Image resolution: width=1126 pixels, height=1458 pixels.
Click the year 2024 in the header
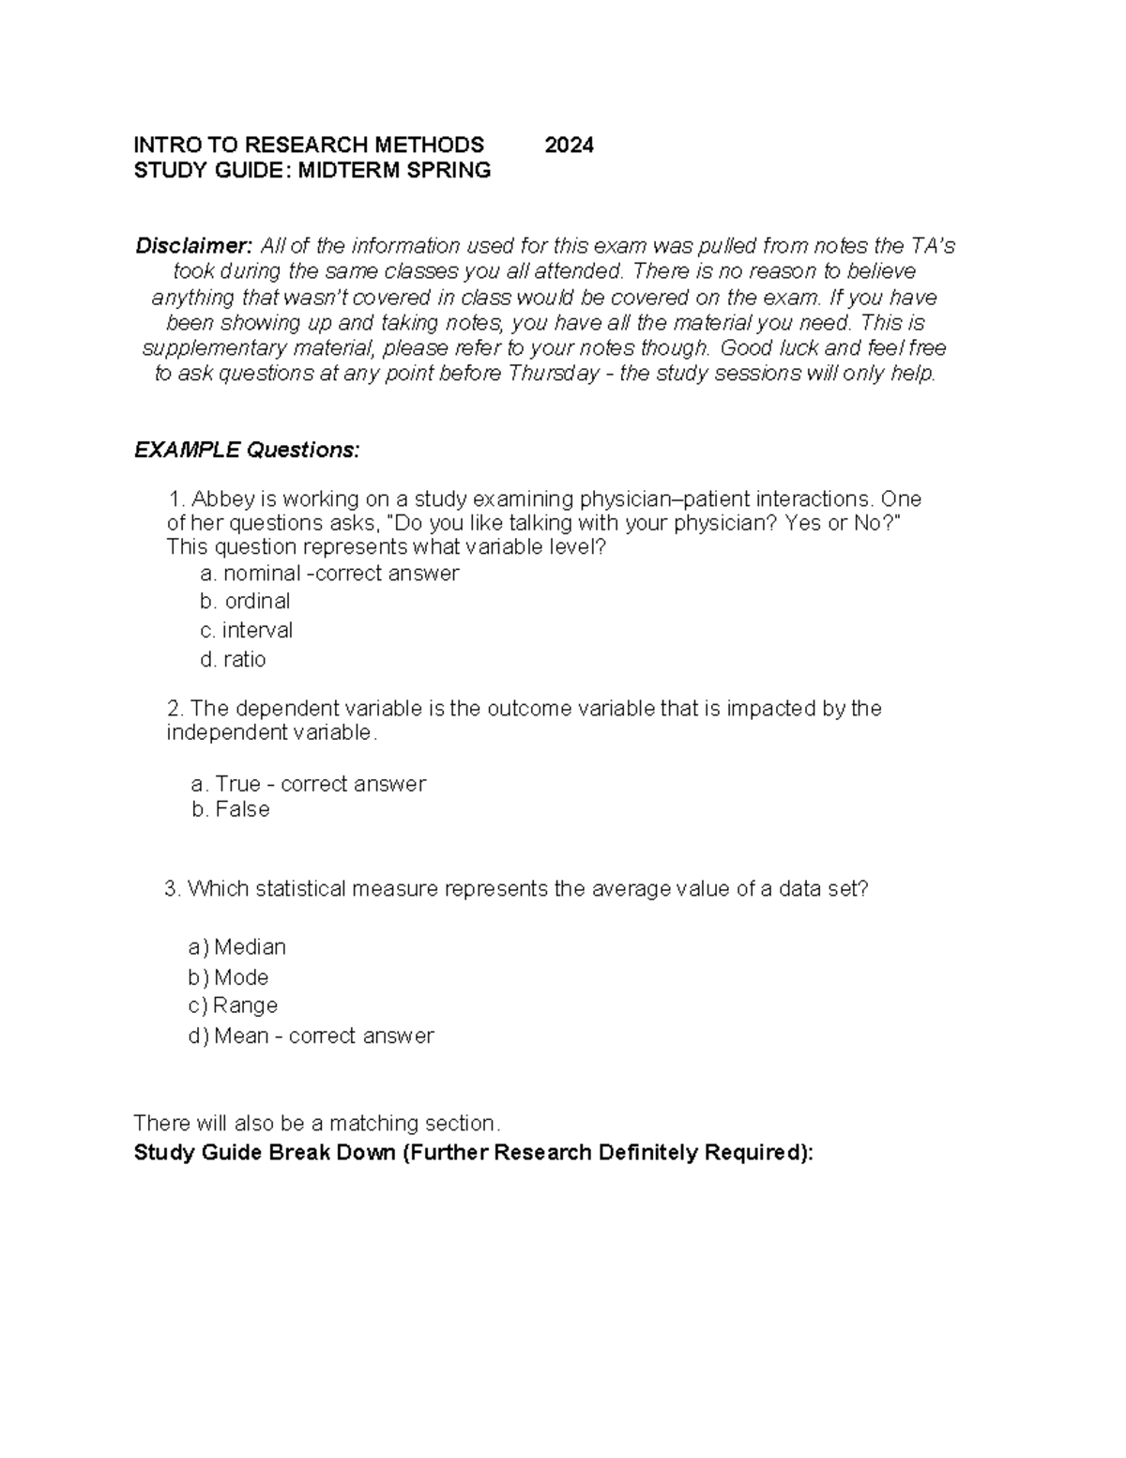click(x=569, y=145)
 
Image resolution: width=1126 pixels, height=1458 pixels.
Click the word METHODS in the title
click(x=430, y=145)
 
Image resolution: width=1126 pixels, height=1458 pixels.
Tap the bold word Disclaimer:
click(x=194, y=246)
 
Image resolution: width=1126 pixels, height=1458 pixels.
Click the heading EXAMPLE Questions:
click(x=247, y=450)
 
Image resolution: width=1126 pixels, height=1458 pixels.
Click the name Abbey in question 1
click(x=222, y=498)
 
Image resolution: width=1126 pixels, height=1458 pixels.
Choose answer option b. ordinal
click(x=245, y=601)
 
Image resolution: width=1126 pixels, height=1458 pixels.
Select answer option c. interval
click(x=246, y=630)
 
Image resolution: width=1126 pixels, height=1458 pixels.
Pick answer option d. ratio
click(x=233, y=659)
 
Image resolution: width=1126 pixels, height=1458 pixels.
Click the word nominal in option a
click(x=262, y=573)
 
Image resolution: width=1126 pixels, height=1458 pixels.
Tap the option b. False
click(x=230, y=809)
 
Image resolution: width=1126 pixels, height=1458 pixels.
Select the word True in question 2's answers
click(x=237, y=784)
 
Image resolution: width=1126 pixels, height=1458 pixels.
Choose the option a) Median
click(x=236, y=946)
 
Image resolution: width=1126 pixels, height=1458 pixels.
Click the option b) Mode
click(x=228, y=977)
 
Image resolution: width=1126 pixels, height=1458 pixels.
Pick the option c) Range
click(x=233, y=1005)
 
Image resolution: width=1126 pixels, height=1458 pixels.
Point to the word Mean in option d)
click(x=241, y=1036)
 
